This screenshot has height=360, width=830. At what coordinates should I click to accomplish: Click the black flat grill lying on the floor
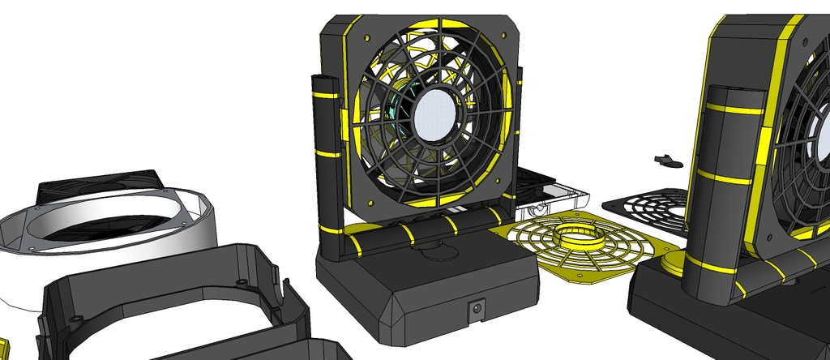pyautogui.click(x=648, y=207)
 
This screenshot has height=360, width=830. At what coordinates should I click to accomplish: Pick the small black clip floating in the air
pyautogui.click(x=669, y=160)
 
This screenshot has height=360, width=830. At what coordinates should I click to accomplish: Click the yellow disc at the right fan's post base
pyautogui.click(x=674, y=262)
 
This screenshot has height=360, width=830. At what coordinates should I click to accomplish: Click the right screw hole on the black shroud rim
pyautogui.click(x=243, y=282)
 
